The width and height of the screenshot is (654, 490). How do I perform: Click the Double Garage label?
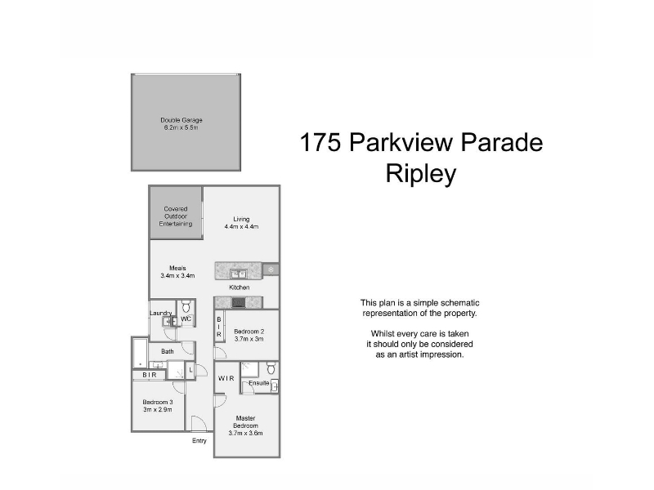tap(181, 120)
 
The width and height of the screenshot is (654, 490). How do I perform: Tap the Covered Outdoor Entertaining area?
tap(176, 213)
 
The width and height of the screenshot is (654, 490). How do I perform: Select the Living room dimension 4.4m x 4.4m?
tap(241, 227)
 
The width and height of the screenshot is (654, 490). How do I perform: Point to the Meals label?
tap(177, 268)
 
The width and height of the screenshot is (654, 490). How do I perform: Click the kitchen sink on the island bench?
tap(238, 274)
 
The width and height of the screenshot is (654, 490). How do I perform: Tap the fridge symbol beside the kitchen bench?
tap(271, 269)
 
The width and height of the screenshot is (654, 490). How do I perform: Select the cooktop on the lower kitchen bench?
tap(238, 302)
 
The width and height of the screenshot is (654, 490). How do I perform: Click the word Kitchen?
tap(240, 287)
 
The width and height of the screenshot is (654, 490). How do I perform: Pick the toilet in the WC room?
tap(186, 308)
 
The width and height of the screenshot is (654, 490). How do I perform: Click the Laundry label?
tap(160, 313)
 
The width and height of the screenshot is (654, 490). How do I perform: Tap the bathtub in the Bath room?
tap(140, 353)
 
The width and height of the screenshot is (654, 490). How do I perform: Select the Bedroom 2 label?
tap(249, 332)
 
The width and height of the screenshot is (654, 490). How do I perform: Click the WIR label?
tap(226, 378)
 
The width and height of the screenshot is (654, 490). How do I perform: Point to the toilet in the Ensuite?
tap(271, 368)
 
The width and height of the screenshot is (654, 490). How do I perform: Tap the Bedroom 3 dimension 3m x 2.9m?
tap(158, 410)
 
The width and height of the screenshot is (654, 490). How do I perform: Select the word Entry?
tap(199, 441)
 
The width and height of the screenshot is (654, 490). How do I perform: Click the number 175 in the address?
tap(320, 142)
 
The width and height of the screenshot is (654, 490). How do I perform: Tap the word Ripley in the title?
tap(421, 174)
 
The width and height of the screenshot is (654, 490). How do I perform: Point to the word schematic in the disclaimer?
tap(460, 303)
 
